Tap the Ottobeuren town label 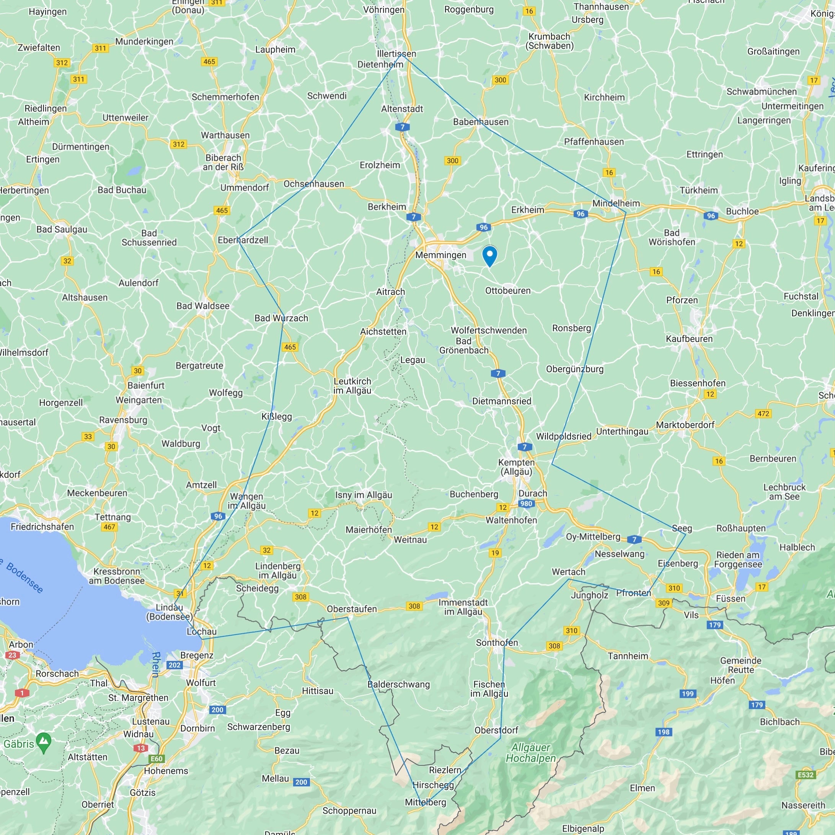pyautogui.click(x=507, y=290)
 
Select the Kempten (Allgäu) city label pyautogui.click(x=516, y=467)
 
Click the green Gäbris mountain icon pyautogui.click(x=44, y=742)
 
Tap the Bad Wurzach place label pyautogui.click(x=281, y=318)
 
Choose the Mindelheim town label pyautogui.click(x=615, y=203)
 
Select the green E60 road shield pyautogui.click(x=157, y=758)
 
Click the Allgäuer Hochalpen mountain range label pyautogui.click(x=531, y=753)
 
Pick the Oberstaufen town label pyautogui.click(x=351, y=608)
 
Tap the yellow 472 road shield pyautogui.click(x=763, y=413)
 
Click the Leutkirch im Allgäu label pyautogui.click(x=352, y=385)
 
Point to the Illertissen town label pyautogui.click(x=396, y=54)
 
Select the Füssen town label pyautogui.click(x=731, y=599)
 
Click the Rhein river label pyautogui.click(x=156, y=664)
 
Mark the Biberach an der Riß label pyautogui.click(x=223, y=162)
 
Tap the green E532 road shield pyautogui.click(x=805, y=775)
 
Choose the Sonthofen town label pyautogui.click(x=497, y=643)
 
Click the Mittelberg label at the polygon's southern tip pyautogui.click(x=425, y=802)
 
